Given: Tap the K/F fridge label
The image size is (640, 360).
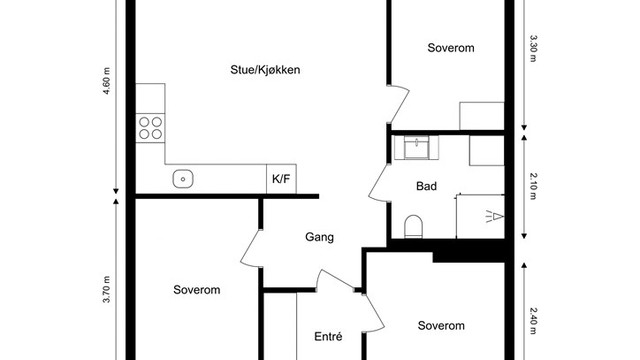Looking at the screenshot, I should (281, 180).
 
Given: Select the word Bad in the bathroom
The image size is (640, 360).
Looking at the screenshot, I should (427, 186).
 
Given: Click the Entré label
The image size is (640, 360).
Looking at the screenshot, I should (329, 336).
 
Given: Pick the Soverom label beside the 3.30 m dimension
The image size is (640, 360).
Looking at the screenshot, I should (450, 47).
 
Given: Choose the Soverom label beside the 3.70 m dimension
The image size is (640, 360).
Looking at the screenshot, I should (196, 290).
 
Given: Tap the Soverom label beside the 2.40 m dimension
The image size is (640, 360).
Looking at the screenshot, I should (441, 326).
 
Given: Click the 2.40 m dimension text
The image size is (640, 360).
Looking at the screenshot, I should (533, 325).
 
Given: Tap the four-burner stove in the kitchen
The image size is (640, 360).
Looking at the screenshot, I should (150, 127).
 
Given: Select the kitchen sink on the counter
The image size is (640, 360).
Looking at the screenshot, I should (182, 179).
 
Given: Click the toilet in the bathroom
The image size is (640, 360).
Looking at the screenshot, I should (414, 227).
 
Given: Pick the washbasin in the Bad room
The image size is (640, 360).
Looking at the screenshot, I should (416, 148).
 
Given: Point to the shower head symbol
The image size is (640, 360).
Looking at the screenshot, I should (493, 214).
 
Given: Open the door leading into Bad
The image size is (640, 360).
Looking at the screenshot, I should (381, 183).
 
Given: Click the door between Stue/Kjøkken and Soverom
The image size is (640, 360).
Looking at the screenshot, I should (397, 105).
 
